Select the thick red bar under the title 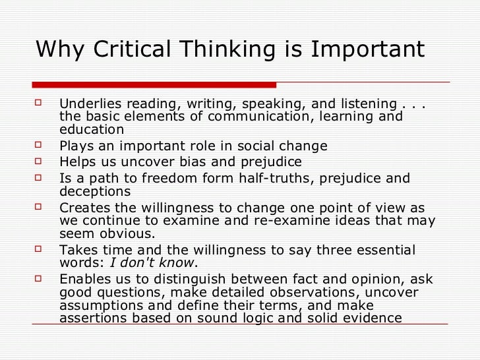pos(154,85)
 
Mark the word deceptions pos(95,191)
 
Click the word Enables pos(83,280)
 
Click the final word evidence pos(373,318)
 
